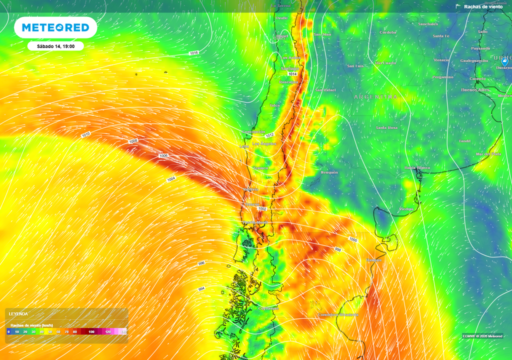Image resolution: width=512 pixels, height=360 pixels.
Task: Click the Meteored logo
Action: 55,27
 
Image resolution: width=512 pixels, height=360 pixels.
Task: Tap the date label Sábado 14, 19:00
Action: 55,46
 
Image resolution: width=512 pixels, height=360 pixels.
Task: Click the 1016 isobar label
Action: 193,52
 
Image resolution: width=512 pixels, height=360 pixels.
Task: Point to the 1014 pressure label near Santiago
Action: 292,74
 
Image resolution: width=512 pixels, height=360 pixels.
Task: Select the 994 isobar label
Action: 201,289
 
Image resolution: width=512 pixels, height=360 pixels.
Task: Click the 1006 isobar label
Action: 163,156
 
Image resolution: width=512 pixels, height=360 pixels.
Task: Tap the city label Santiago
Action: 289,68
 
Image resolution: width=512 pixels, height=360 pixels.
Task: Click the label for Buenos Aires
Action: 475,90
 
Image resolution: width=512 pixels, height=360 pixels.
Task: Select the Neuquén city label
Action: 329,172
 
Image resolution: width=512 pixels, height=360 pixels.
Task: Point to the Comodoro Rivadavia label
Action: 338,314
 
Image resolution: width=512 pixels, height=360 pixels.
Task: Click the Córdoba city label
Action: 388,32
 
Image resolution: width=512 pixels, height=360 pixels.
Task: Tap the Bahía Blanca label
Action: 417,168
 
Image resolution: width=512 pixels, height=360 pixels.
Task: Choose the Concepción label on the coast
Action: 253,131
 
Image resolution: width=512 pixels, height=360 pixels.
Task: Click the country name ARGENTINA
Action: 375,96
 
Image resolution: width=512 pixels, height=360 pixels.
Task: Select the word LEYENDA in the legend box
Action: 18,313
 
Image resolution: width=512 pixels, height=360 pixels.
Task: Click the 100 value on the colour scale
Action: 91,331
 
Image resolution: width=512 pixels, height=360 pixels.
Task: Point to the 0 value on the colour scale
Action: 8,331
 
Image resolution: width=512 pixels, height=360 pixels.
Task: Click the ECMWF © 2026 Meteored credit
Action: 482,336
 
